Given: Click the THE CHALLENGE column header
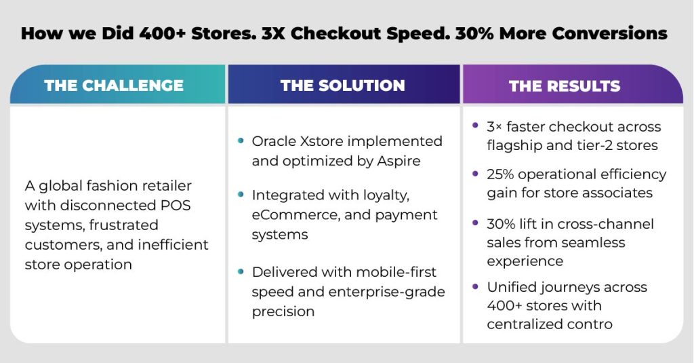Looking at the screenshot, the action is pos(114,85).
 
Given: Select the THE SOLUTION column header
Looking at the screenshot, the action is pos(342,85).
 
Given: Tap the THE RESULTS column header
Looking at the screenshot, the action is pos(565,86).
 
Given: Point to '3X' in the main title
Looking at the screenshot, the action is pos(273,34).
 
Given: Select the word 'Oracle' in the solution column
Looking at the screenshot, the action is pos(274,141).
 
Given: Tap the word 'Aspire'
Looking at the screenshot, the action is pos(399,161).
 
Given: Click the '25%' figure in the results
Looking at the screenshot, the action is pos(500,174).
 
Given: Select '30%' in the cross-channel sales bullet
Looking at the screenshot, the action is pos(501,224).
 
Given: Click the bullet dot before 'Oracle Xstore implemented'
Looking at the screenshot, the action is pos(241,140).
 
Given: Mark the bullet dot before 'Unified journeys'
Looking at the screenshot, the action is pos(475,287).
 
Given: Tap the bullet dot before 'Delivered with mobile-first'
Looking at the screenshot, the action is pos(241,271).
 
